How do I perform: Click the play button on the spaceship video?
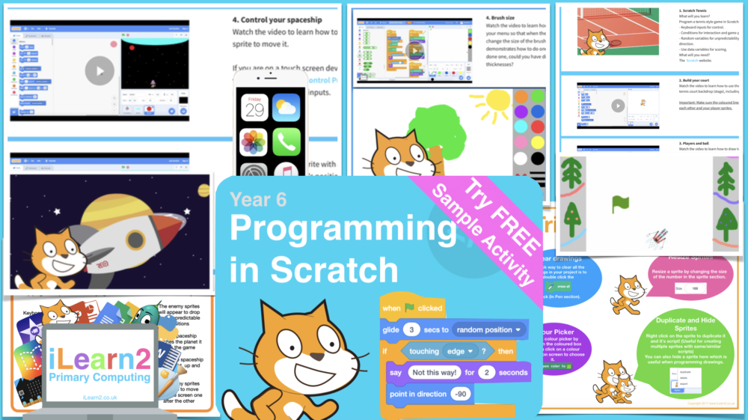click(99, 72)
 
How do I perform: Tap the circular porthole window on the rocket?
click(136, 242)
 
